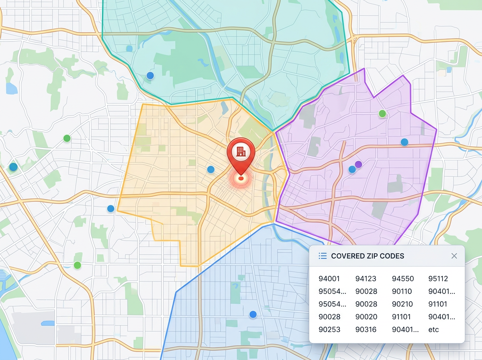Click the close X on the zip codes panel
454,256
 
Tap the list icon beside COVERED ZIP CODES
322,256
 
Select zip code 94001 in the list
329,279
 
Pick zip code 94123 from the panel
366,279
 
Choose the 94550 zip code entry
402,279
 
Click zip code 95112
438,279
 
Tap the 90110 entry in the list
402,292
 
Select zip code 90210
402,304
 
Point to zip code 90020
366,317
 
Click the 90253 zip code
329,329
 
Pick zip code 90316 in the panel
366,329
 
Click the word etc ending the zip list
433,329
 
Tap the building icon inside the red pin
241,151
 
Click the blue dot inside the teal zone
150,76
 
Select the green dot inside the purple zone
382,113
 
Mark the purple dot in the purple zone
358,164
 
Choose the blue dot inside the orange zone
210,170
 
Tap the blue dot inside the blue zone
253,314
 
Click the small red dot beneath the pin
241,178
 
